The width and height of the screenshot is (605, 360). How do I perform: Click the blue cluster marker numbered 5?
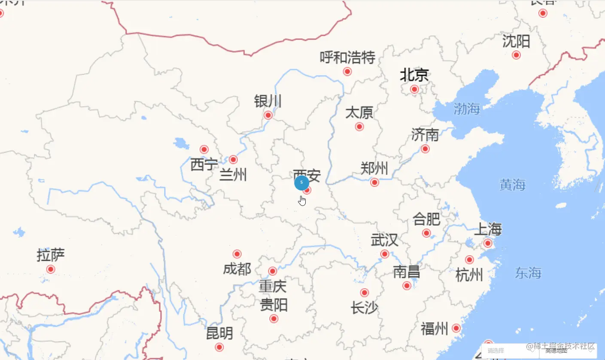[301, 182]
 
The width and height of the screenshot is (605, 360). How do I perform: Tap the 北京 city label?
[414, 76]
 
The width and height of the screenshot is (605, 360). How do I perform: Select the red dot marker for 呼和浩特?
[347, 71]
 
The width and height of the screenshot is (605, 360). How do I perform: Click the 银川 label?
[268, 102]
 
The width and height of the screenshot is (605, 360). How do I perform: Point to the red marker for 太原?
[359, 127]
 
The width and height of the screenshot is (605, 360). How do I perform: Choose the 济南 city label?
[425, 135]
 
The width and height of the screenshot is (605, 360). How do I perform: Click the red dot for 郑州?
[374, 182]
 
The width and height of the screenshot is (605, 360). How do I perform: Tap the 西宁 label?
[204, 164]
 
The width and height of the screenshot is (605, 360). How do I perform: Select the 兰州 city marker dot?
[233, 160]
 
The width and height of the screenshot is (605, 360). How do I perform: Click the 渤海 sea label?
[467, 109]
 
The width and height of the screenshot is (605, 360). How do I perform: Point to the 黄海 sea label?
[512, 185]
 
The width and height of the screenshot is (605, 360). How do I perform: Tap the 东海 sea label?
[528, 273]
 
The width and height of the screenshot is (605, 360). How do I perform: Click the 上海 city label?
[487, 229]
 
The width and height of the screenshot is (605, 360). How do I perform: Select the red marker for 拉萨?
[51, 269]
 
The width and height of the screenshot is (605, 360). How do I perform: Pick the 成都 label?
[237, 269]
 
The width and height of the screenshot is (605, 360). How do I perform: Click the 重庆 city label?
[272, 286]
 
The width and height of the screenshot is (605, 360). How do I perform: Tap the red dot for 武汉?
[385, 254]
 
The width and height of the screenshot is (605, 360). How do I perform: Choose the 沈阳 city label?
[516, 42]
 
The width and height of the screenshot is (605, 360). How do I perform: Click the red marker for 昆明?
[219, 347]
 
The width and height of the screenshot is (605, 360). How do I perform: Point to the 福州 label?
[435, 329]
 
